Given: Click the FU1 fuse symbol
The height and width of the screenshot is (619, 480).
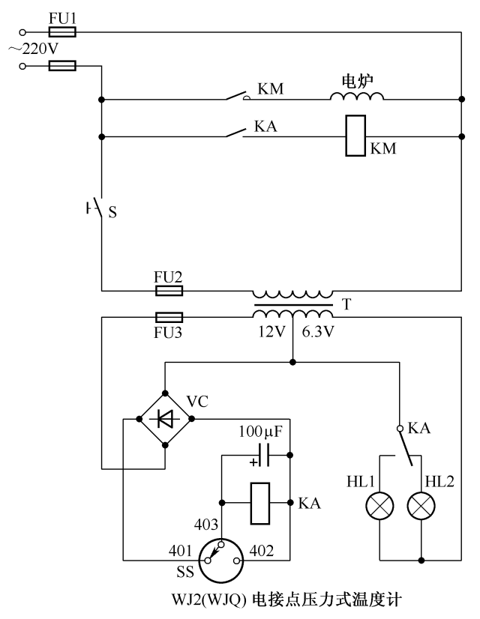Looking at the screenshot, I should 61,32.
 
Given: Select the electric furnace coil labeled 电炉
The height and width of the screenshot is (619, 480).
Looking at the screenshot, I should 357,96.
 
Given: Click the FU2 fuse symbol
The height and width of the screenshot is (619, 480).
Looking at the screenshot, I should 169,290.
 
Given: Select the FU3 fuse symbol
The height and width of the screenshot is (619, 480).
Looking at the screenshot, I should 169,317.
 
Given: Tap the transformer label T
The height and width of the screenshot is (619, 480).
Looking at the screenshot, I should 346,305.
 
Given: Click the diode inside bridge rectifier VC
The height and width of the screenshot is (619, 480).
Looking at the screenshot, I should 164,418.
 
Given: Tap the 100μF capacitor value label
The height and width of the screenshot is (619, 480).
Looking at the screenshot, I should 260,432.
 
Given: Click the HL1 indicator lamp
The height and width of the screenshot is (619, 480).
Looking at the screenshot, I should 380,507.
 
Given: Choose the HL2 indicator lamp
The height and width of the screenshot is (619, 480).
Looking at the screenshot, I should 421,507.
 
